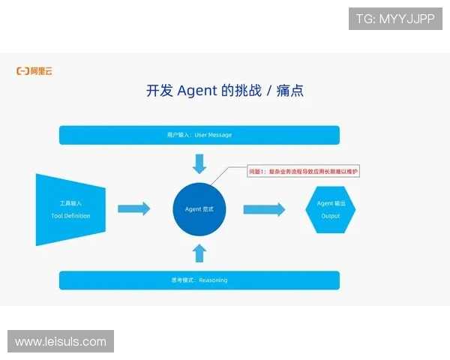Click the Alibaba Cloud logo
(34, 71)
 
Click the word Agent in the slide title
(197, 91)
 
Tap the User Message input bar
(199, 135)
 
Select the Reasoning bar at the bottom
(199, 280)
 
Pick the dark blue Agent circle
(199, 208)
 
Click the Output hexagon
(331, 209)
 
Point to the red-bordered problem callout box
(304, 172)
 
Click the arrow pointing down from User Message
(199, 163)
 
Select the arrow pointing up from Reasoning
(199, 253)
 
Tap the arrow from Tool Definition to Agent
(134, 208)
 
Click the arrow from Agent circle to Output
(264, 209)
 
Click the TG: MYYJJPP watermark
(395, 19)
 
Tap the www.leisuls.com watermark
(60, 342)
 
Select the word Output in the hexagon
(331, 216)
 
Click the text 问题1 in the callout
(257, 172)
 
